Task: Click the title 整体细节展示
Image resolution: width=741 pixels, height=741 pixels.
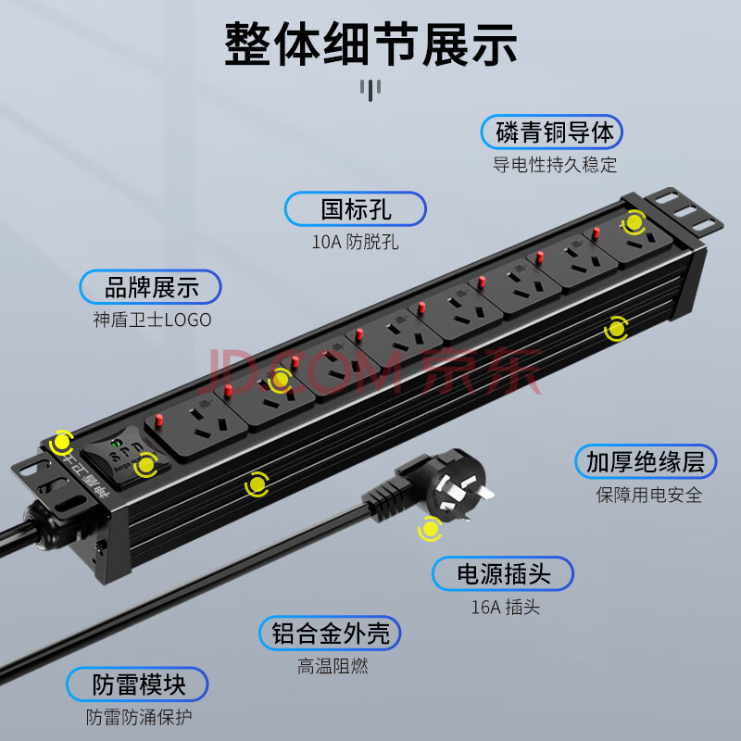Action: click(370, 44)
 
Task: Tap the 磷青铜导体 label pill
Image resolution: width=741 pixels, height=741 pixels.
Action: click(551, 132)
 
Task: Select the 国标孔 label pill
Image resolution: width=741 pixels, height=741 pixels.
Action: click(356, 209)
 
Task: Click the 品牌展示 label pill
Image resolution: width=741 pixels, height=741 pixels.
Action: click(150, 287)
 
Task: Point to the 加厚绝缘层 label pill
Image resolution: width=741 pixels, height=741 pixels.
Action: click(646, 461)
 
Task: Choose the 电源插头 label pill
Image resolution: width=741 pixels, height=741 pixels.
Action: click(503, 573)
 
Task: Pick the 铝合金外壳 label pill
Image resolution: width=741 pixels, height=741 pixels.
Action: click(330, 634)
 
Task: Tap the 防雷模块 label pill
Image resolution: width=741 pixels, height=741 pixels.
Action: click(137, 684)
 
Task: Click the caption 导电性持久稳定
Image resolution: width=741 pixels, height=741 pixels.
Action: click(555, 165)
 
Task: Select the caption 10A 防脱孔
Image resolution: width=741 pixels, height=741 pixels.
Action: click(355, 242)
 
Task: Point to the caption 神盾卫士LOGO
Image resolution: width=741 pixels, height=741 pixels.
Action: click(152, 320)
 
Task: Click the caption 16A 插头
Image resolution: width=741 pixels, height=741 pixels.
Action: click(505, 608)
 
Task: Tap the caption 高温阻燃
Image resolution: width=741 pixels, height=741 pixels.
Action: click(333, 666)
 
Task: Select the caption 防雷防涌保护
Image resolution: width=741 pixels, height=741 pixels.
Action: click(139, 717)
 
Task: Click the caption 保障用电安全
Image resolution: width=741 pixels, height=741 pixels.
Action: click(649, 495)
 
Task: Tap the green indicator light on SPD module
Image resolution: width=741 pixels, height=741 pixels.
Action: click(115, 444)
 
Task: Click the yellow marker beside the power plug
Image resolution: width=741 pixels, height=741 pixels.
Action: click(430, 529)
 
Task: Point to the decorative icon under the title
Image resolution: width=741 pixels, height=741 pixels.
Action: click(370, 90)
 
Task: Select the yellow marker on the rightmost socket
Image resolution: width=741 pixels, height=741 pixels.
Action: click(634, 222)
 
